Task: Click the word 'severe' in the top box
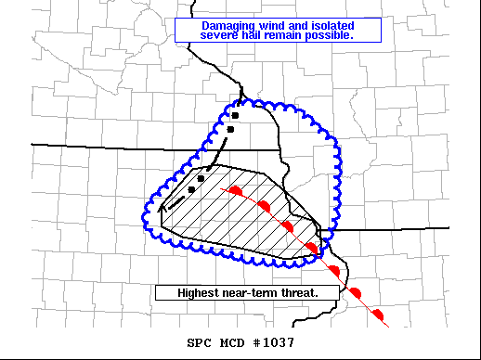[x=221, y=35]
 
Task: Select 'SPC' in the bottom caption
[x=199, y=342]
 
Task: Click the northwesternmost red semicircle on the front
[x=236, y=190]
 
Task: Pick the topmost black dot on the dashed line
[x=236, y=116]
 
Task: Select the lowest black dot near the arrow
[x=191, y=189]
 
